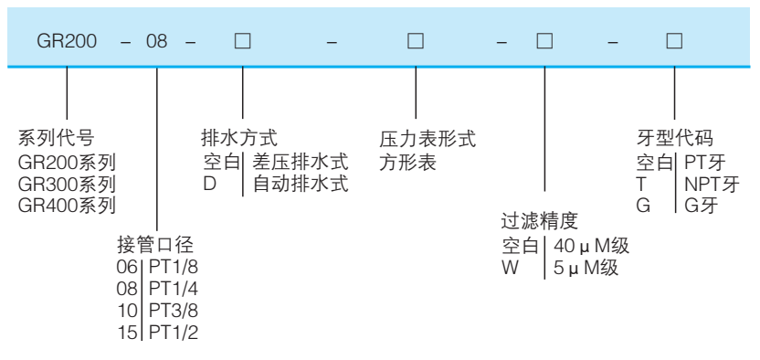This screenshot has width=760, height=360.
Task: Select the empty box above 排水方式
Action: [242, 43]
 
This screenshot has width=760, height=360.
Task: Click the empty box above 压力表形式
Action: [415, 43]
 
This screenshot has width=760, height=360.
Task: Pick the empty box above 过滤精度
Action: [544, 43]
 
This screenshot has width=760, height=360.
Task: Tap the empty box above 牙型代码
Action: [674, 43]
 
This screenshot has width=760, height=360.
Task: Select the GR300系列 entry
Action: [68, 184]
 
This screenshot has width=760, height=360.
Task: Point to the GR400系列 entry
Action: [68, 205]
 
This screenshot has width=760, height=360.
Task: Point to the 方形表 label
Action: [407, 163]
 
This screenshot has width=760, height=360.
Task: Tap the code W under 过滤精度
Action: [509, 270]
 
